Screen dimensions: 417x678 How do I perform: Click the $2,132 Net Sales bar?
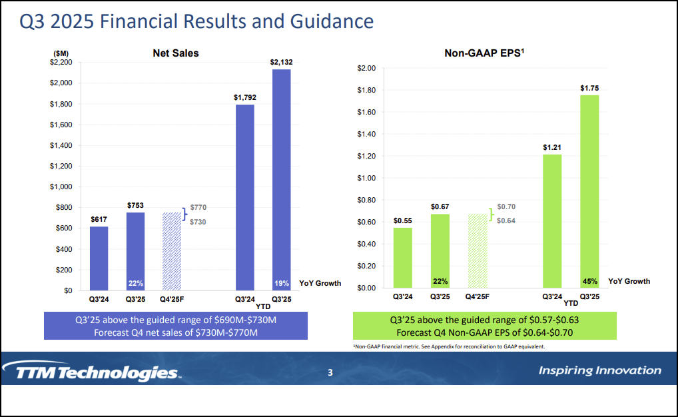[281, 180]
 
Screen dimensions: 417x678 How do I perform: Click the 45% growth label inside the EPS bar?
[589, 281]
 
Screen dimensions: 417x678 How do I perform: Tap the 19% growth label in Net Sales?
[281, 283]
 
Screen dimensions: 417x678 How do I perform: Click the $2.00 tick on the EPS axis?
[366, 69]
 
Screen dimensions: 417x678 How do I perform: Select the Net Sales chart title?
[176, 53]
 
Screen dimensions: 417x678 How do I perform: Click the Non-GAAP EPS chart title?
[484, 53]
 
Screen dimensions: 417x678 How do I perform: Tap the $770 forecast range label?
[198, 208]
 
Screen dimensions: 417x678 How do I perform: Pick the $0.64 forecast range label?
[506, 221]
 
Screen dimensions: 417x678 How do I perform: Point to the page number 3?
[330, 372]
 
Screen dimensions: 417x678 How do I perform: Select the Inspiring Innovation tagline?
[599, 370]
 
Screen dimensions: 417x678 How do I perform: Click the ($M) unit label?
[61, 53]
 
